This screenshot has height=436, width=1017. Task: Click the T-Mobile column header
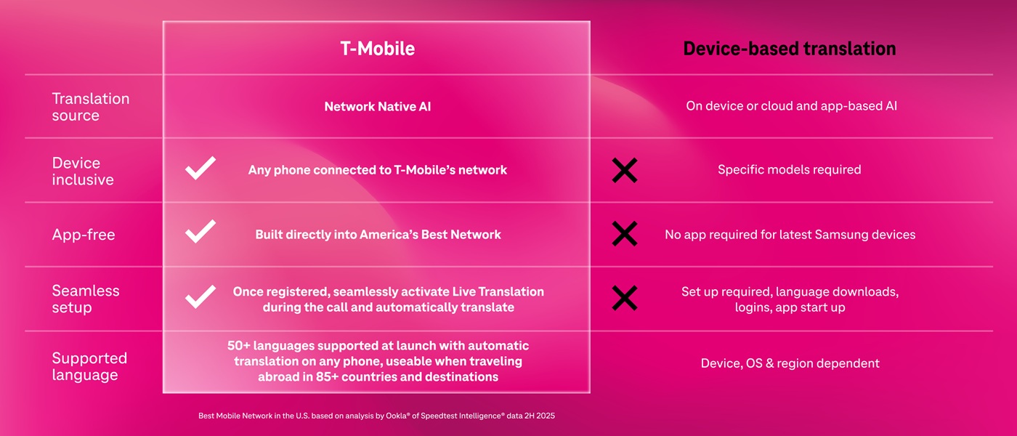click(377, 49)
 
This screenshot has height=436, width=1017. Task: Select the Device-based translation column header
click(789, 49)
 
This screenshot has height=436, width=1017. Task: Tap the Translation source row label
click(90, 107)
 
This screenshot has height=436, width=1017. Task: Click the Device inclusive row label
click(82, 171)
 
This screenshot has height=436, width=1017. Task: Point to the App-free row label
click(83, 235)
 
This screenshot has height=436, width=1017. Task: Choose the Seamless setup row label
click(85, 299)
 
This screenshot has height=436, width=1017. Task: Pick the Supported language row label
click(89, 366)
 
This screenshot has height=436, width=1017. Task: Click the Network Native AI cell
click(377, 106)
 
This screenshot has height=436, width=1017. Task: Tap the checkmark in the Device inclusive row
click(200, 168)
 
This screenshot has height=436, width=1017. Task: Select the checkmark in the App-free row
click(200, 232)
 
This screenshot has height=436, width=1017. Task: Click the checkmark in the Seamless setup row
click(200, 296)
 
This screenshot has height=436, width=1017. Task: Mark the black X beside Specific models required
click(624, 170)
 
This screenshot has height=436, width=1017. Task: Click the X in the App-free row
click(624, 234)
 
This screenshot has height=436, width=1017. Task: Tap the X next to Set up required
click(624, 298)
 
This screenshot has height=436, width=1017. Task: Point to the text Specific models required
click(789, 169)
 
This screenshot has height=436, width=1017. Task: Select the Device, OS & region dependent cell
click(790, 363)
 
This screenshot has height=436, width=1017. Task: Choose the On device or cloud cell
click(791, 106)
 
